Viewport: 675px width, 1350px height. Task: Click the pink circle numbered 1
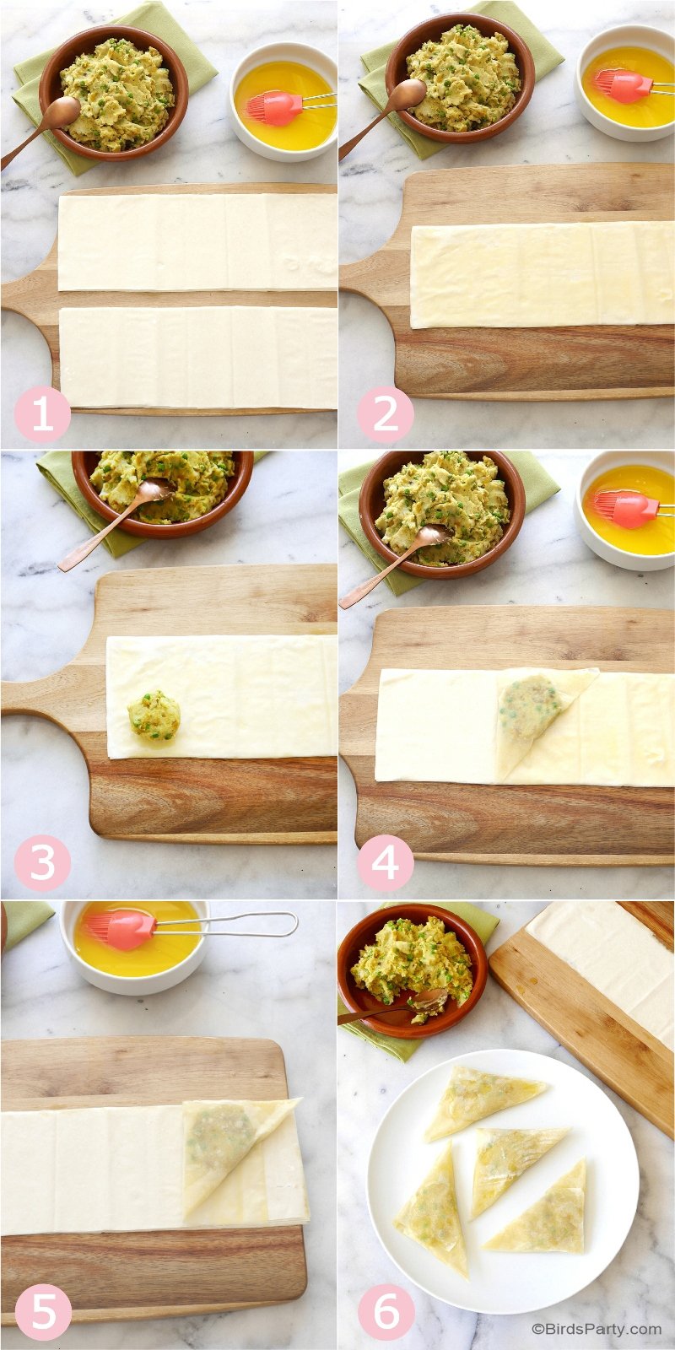42,414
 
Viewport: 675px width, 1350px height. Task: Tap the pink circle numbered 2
385,414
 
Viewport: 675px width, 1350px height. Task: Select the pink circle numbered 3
42,863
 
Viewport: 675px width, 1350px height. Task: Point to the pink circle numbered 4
385,863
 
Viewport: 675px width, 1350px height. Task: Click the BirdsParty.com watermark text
597,1329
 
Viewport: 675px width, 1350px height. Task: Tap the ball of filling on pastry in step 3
154,716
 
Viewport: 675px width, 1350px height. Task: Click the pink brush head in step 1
273,108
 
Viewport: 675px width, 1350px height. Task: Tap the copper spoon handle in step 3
100,534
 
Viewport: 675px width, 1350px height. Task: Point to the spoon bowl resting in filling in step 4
430,535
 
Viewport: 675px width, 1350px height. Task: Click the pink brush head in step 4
621,510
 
